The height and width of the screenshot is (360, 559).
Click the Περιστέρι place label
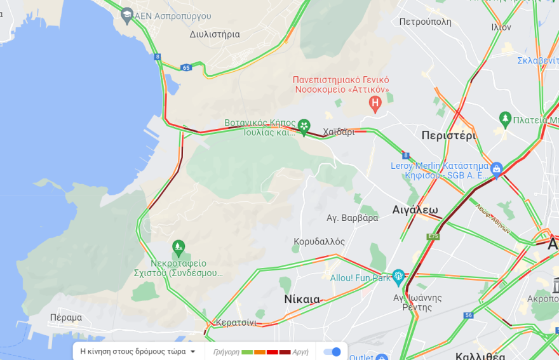pos(448,135)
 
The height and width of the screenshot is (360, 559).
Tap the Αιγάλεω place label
pos(415,210)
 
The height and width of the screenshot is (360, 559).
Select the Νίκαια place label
pos(302,299)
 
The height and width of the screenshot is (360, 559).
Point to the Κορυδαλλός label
pos(319,242)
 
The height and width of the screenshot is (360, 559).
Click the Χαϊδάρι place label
pos(339,132)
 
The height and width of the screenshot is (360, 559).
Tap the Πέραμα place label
pos(66,317)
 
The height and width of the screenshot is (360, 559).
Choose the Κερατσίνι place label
pos(236,323)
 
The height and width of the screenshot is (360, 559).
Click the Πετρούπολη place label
pos(425,22)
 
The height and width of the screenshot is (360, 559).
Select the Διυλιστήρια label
pos(215,34)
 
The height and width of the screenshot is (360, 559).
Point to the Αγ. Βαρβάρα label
pos(352,218)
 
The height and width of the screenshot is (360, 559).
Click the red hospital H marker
pos(375,102)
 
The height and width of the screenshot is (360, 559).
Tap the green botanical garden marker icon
pos(304,125)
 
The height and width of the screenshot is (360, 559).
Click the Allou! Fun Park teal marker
pos(398,276)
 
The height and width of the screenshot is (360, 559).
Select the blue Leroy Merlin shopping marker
pos(496,169)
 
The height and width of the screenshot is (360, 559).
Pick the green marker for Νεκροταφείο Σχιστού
pos(178,246)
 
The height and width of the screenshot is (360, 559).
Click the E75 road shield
pos(433,236)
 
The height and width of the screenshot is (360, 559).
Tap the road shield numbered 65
pos(185,67)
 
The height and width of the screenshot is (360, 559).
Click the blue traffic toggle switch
pos(332,352)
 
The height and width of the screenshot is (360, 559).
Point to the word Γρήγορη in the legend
pos(226,352)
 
